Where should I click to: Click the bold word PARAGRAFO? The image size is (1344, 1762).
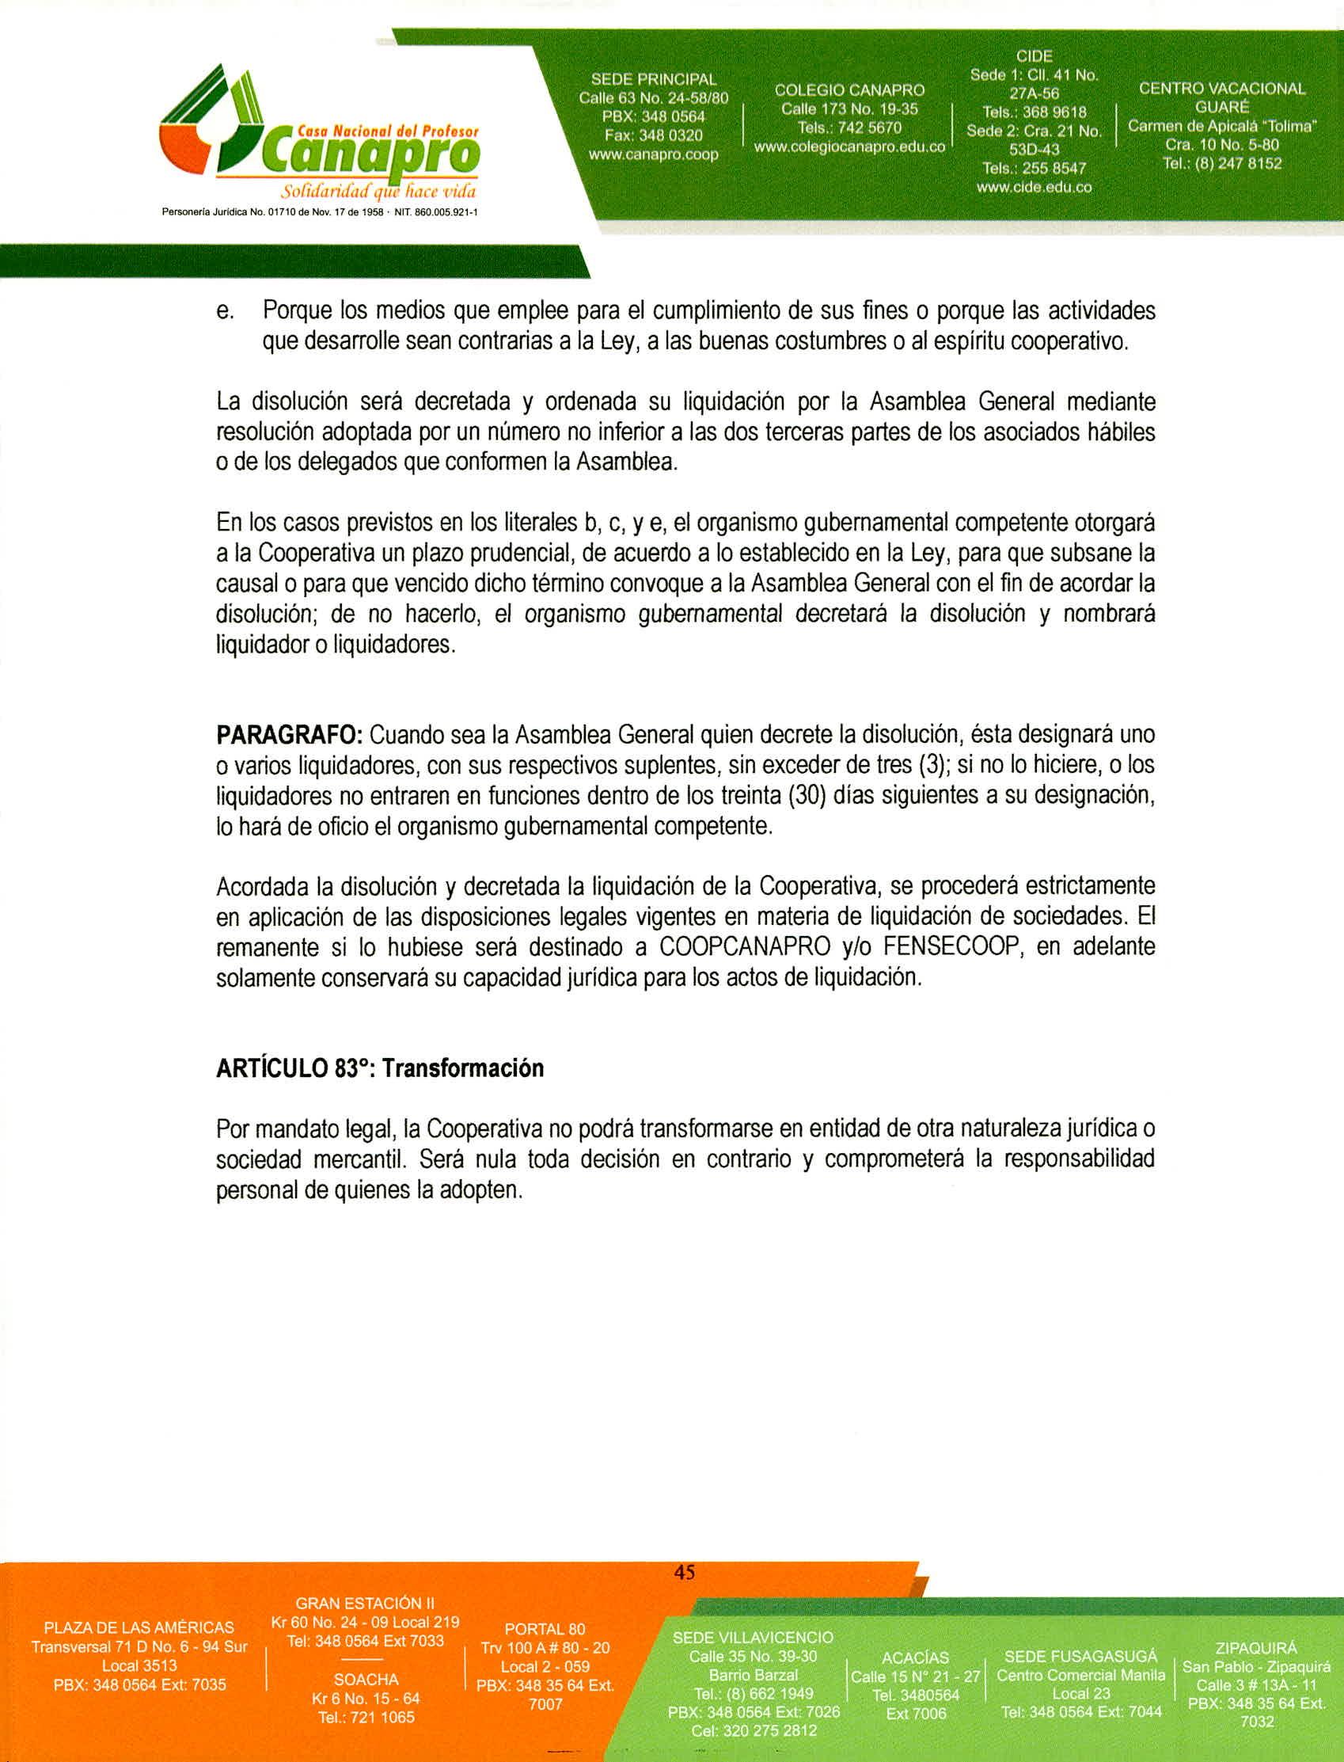(x=290, y=734)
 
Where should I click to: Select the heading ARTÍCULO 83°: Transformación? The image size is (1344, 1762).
(x=379, y=1068)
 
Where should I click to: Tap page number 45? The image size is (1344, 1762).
(x=684, y=1573)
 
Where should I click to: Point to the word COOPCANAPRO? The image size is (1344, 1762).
(x=745, y=947)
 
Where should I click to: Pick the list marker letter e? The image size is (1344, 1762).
(x=224, y=310)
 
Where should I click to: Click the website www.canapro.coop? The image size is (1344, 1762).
(x=653, y=154)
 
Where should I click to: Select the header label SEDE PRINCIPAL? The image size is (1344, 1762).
(x=654, y=79)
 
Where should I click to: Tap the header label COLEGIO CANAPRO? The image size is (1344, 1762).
(x=849, y=89)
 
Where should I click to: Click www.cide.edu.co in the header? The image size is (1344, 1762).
(x=1034, y=188)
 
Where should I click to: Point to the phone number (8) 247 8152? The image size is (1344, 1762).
(x=1236, y=164)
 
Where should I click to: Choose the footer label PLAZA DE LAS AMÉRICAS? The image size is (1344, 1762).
(x=139, y=1627)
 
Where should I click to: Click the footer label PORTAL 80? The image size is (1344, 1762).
(x=545, y=1629)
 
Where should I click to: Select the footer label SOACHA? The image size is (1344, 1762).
(x=366, y=1680)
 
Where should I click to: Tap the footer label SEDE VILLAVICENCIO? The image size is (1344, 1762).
(x=753, y=1638)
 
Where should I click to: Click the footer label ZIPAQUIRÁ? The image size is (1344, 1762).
(x=1256, y=1649)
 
